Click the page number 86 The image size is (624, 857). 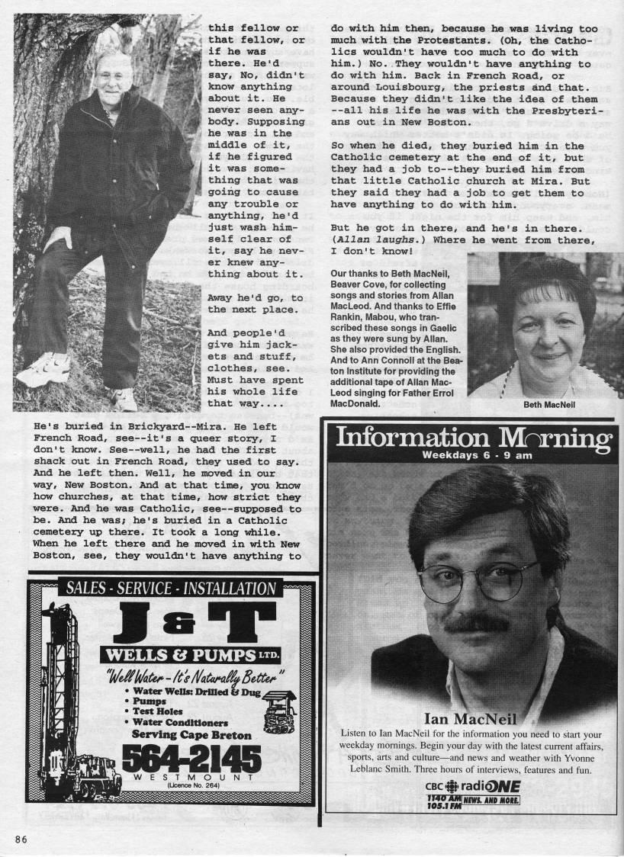21,839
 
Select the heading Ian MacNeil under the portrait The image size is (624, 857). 469,718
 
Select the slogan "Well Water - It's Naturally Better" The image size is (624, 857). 195,676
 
